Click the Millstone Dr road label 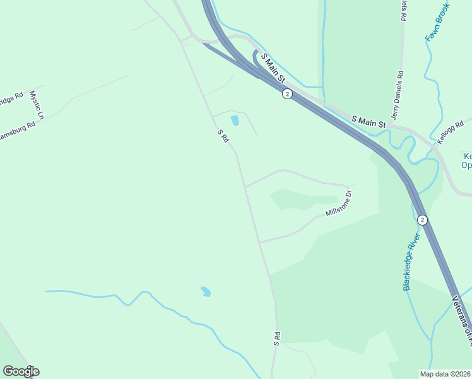click(x=338, y=203)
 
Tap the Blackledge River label click(x=412, y=262)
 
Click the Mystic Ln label click(x=35, y=105)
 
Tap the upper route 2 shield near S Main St click(x=287, y=94)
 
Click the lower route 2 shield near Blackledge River click(x=422, y=220)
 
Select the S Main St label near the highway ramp click(x=273, y=69)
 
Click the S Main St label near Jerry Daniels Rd click(x=368, y=121)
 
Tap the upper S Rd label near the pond click(x=222, y=136)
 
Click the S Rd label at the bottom click(x=276, y=338)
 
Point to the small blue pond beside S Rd click(x=235, y=120)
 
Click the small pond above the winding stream click(x=206, y=291)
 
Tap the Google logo click(x=20, y=371)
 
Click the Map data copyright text click(x=445, y=374)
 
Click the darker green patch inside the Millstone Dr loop click(x=297, y=199)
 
